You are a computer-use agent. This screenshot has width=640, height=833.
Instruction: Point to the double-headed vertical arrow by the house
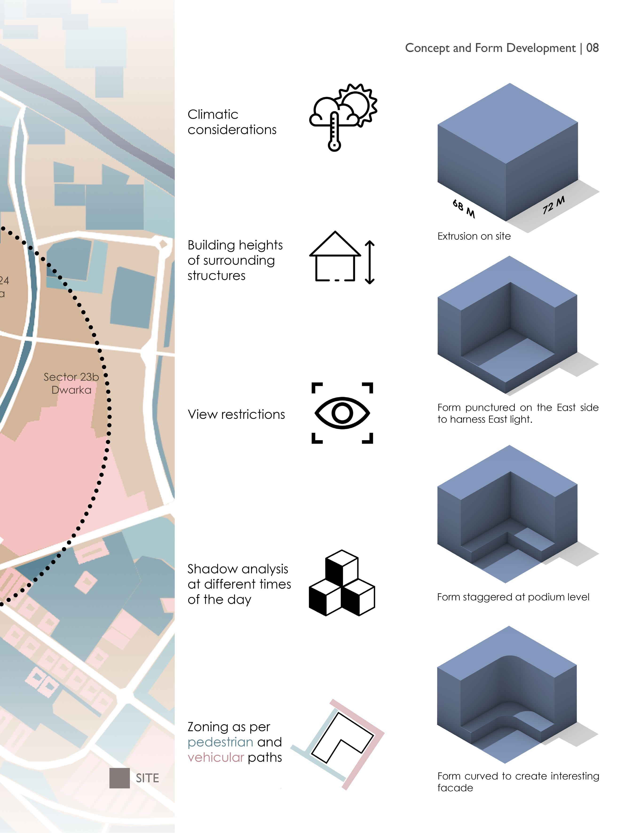(x=370, y=262)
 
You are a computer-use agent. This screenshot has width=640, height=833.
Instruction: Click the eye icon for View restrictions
(x=342, y=413)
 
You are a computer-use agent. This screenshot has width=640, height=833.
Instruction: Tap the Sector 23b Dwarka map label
(x=71, y=383)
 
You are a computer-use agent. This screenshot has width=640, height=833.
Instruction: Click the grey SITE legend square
(x=119, y=778)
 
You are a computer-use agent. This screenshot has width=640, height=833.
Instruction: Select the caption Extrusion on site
(x=474, y=236)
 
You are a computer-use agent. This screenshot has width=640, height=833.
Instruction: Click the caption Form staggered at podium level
(x=513, y=597)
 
